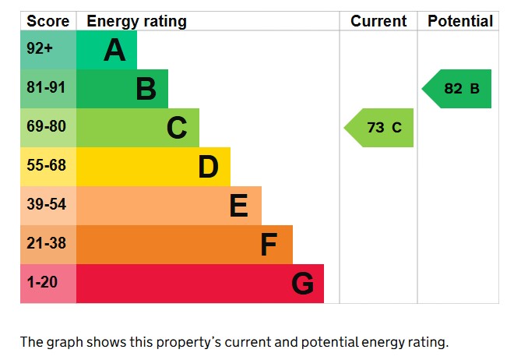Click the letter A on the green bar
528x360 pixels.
click(114, 51)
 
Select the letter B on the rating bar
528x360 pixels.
click(146, 90)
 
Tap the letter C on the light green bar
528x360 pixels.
click(177, 128)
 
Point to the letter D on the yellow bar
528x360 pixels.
click(208, 167)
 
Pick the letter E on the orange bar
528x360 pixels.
click(238, 206)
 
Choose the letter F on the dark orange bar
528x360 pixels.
click(269, 245)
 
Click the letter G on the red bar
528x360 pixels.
click(302, 284)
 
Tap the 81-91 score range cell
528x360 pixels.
click(48, 89)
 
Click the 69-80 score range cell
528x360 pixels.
click(48, 128)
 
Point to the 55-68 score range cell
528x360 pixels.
click(48, 167)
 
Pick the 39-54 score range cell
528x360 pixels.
click(48, 206)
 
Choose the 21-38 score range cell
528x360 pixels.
click(48, 245)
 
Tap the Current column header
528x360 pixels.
click(378, 21)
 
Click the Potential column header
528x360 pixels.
click(459, 21)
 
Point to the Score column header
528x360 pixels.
click(48, 21)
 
